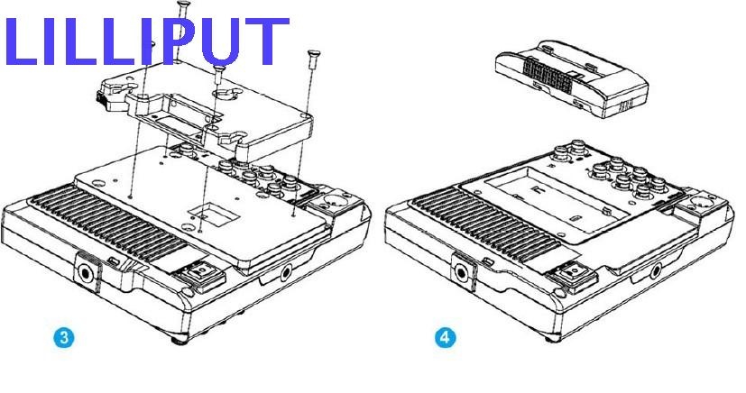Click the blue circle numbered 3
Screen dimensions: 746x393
point(64,337)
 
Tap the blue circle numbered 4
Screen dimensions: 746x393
point(445,337)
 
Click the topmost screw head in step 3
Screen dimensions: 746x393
point(183,5)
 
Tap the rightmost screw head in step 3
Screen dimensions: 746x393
point(313,53)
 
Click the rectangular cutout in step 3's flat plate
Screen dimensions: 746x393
point(214,214)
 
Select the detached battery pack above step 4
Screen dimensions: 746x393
point(571,79)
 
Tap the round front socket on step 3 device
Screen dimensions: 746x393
point(87,274)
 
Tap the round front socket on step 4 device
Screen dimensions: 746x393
point(461,273)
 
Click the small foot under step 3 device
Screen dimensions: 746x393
point(180,340)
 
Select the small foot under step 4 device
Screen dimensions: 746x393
point(553,338)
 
